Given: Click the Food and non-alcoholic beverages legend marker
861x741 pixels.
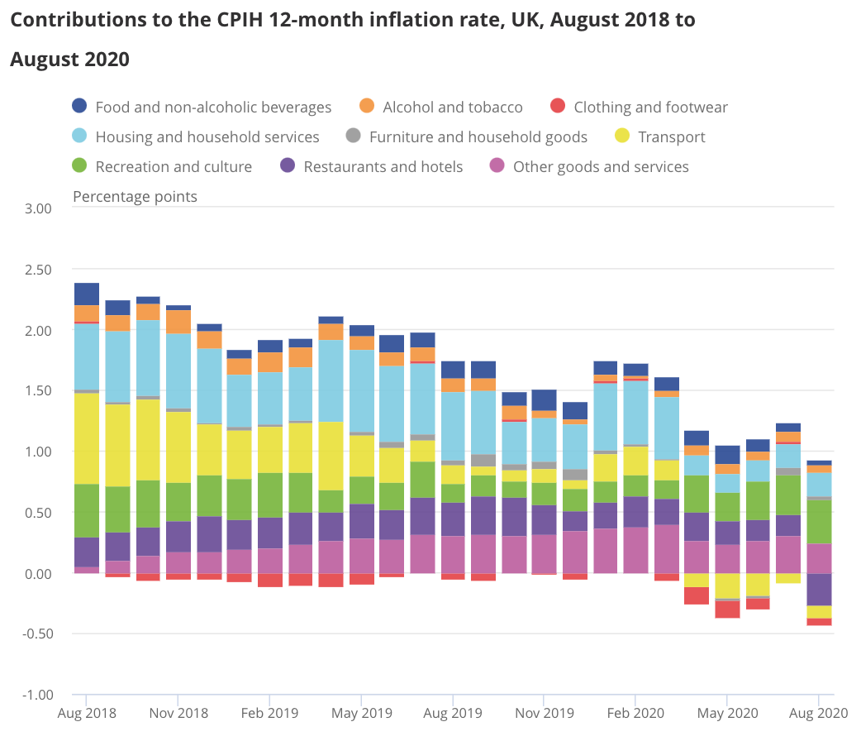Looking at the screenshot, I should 79,106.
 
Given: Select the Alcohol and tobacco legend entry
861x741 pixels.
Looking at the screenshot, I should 452,107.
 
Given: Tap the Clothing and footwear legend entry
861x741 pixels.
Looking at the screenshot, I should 650,107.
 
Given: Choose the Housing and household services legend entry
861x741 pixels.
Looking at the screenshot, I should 207,136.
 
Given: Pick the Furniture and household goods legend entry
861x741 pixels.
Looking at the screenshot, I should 478,136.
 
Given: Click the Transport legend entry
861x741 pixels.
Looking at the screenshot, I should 671,136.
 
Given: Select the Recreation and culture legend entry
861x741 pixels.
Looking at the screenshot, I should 174,166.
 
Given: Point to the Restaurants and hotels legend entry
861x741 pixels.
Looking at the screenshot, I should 383,166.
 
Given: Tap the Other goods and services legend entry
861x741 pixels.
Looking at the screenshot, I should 600,166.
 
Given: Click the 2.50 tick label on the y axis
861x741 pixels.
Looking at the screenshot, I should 38,270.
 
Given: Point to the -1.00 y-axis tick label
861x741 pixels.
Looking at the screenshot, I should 36,695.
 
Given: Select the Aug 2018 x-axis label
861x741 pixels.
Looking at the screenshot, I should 86,713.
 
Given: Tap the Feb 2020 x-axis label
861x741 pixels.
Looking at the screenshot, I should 635,713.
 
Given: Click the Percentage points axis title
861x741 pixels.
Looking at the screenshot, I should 135,196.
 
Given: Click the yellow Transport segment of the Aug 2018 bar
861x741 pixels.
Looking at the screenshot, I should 87,438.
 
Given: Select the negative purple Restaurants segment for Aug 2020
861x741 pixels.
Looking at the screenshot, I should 819,589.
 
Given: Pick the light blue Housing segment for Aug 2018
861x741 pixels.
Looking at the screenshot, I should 87,356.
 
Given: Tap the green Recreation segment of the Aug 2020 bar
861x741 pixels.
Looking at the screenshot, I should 819,522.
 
